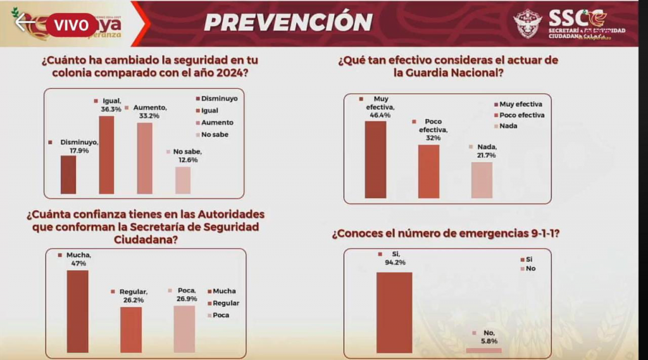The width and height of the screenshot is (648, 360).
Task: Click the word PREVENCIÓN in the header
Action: click(x=288, y=22)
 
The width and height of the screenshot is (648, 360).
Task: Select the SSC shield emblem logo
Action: click(x=527, y=24)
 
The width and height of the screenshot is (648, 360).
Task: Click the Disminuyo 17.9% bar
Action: click(x=68, y=175)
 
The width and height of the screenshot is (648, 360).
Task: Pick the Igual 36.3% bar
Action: click(x=106, y=155)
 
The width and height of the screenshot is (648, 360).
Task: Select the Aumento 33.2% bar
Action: click(x=144, y=158)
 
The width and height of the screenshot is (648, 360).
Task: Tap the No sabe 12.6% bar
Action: click(x=183, y=180)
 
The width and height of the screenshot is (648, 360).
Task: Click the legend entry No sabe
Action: click(x=215, y=134)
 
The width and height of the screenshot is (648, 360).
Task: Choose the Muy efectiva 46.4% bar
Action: click(x=375, y=159)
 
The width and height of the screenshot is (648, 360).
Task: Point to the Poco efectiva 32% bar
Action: click(x=428, y=171)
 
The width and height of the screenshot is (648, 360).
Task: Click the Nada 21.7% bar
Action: click(x=482, y=180)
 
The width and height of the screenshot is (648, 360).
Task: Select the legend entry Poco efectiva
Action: click(x=521, y=115)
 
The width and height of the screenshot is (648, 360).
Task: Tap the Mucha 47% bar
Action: click(x=78, y=311)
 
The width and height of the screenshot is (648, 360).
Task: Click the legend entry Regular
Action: click(x=225, y=303)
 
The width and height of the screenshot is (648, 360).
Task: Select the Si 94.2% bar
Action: click(x=394, y=312)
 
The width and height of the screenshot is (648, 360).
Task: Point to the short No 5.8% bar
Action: click(x=483, y=350)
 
